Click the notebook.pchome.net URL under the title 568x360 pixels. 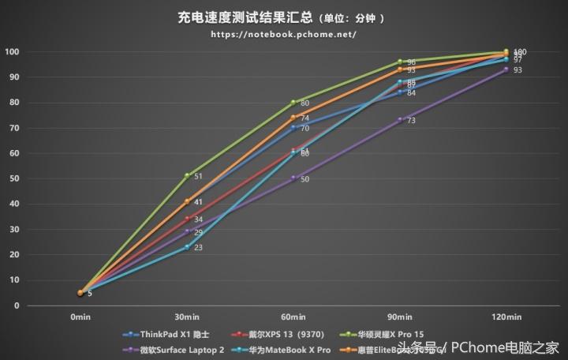point(284,35)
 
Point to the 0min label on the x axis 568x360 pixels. point(80,317)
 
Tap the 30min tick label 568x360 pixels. point(186,317)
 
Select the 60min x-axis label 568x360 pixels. point(293,317)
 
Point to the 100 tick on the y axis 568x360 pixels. point(12,52)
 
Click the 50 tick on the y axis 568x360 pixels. point(14,178)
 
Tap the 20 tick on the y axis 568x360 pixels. point(14,254)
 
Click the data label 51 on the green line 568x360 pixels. point(198,176)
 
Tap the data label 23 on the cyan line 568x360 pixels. point(198,248)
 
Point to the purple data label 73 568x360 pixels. point(411,121)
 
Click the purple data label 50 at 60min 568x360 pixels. point(305,179)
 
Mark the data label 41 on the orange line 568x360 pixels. point(198,202)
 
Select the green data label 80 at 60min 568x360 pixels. point(305,103)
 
